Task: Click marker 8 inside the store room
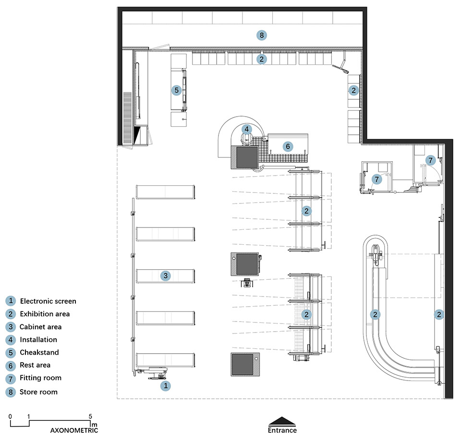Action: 261,35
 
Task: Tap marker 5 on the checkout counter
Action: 176,90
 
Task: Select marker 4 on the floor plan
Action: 247,129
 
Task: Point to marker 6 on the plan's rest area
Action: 288,146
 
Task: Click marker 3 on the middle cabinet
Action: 166,275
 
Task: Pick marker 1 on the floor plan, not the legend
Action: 166,385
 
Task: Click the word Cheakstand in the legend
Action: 39,352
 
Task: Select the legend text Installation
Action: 38,340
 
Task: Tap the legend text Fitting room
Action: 40,378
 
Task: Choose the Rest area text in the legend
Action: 35,365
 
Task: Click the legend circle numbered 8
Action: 11,392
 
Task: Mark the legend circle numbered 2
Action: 11,314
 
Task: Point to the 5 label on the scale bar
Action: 90,416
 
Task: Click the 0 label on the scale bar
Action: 10,417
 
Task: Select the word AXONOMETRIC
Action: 74,430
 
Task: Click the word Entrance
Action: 282,430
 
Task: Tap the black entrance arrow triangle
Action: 282,421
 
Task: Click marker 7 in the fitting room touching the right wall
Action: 430,160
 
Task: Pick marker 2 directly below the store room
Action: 261,59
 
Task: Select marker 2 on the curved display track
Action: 375,314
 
